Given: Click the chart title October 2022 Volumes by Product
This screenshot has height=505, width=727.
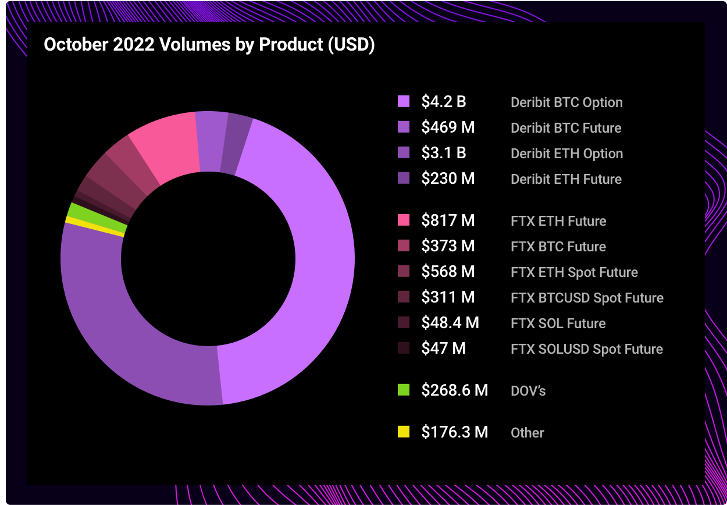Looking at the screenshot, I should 209,45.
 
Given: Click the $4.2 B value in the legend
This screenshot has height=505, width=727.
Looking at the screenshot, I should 443,102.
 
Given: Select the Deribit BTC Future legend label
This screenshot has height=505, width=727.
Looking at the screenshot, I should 565,128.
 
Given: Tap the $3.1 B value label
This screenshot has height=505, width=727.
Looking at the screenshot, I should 443,153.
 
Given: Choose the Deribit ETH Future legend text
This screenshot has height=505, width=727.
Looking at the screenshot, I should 565,179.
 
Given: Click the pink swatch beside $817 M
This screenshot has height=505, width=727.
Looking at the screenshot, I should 403,221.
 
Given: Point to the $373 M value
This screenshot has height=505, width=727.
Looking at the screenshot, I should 447,246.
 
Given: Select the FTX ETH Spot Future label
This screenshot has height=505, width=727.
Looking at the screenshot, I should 574,272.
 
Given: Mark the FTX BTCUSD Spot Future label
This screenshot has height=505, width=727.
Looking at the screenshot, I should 587,298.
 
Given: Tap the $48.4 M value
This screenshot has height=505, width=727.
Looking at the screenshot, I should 450,323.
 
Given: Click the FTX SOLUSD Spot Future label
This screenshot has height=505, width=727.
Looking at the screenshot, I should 586,349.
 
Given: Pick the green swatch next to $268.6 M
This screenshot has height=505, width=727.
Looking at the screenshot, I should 403,390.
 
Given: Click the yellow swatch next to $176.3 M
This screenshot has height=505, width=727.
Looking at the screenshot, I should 403,432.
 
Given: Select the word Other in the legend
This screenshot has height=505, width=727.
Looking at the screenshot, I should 527,433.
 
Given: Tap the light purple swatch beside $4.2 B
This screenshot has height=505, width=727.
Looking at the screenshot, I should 403,101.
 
